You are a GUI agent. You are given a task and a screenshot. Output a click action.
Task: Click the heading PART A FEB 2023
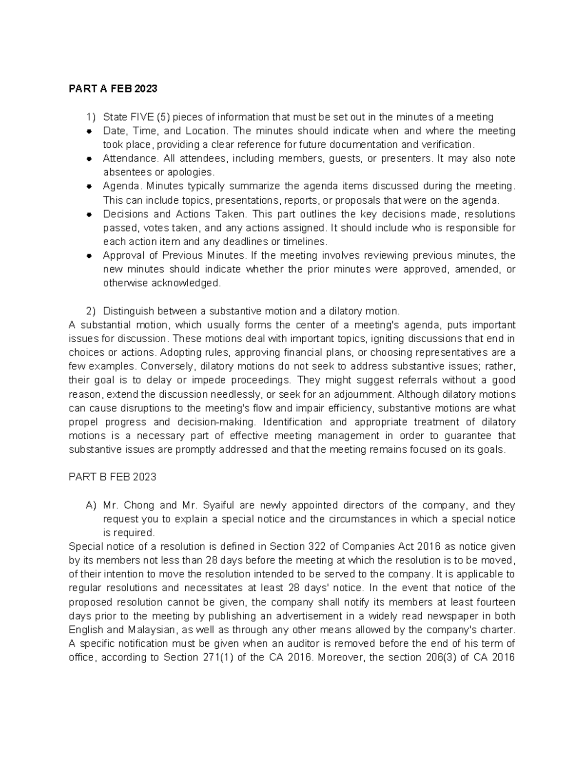pyautogui.click(x=113, y=89)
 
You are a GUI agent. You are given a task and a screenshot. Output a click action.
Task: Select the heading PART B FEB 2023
pyautogui.click(x=113, y=477)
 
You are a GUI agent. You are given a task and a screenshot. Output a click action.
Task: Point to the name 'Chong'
pyautogui.click(x=139, y=505)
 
